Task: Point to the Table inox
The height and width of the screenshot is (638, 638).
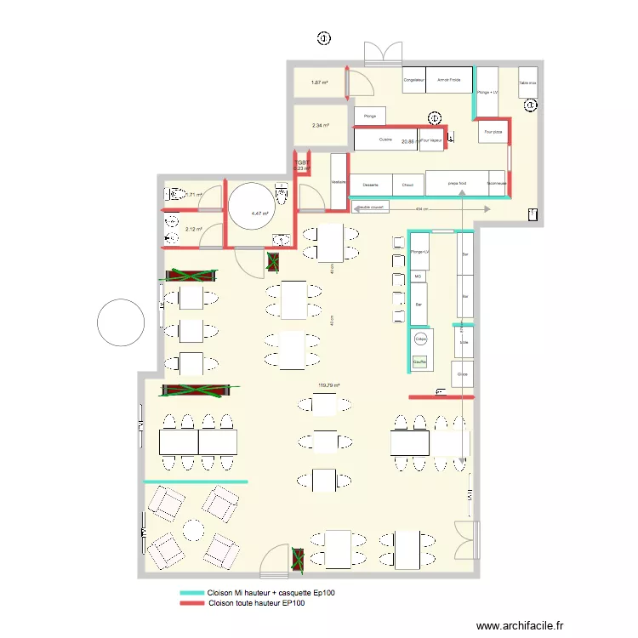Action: click(528, 83)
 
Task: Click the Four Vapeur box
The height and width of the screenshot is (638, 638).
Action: click(431, 140)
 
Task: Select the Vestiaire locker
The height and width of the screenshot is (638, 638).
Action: click(339, 180)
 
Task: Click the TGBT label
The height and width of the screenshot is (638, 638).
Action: click(302, 161)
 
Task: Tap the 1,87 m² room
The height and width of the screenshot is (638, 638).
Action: click(319, 83)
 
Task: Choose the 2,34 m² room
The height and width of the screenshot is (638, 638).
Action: click(320, 125)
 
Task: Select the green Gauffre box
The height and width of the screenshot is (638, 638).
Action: click(419, 362)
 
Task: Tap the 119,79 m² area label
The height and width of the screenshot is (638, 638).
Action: click(328, 385)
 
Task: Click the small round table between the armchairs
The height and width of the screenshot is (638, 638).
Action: click(194, 529)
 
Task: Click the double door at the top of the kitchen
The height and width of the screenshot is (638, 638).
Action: click(381, 54)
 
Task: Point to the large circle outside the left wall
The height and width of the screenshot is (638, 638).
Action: click(122, 322)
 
